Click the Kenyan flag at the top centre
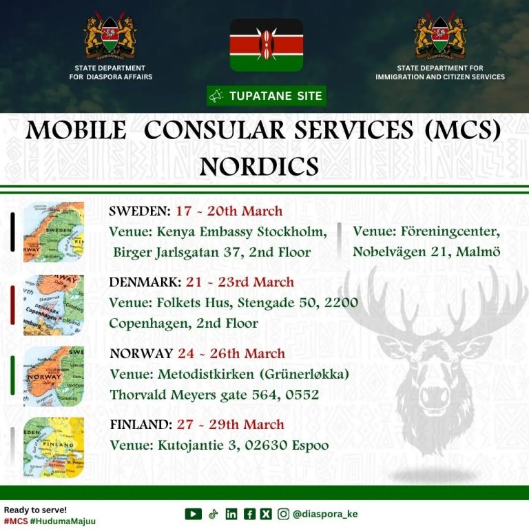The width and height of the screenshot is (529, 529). tap(266, 45)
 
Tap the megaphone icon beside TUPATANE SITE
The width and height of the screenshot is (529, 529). tap(216, 96)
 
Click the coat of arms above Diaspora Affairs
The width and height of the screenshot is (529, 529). tap(110, 35)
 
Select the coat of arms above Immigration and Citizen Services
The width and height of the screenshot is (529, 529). tap(440, 35)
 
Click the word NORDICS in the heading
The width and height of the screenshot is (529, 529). tap(259, 166)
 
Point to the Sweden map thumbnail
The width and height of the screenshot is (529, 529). tap(54, 231)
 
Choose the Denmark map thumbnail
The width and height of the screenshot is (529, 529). tap(54, 305)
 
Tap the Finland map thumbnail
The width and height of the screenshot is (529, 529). tap(54, 448)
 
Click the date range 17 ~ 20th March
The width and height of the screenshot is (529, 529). tap(229, 211)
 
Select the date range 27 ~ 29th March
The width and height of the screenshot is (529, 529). tap(231, 424)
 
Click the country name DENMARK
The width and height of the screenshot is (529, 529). tap(145, 282)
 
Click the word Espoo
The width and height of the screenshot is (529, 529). tap(311, 446)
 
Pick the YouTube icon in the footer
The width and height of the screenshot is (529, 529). tap(194, 514)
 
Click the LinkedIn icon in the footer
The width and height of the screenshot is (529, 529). tap(231, 514)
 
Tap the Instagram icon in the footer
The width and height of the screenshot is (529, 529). tap(283, 514)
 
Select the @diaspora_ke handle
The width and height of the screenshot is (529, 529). tap(325, 514)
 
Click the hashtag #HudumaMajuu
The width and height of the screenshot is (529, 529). tap(63, 521)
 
